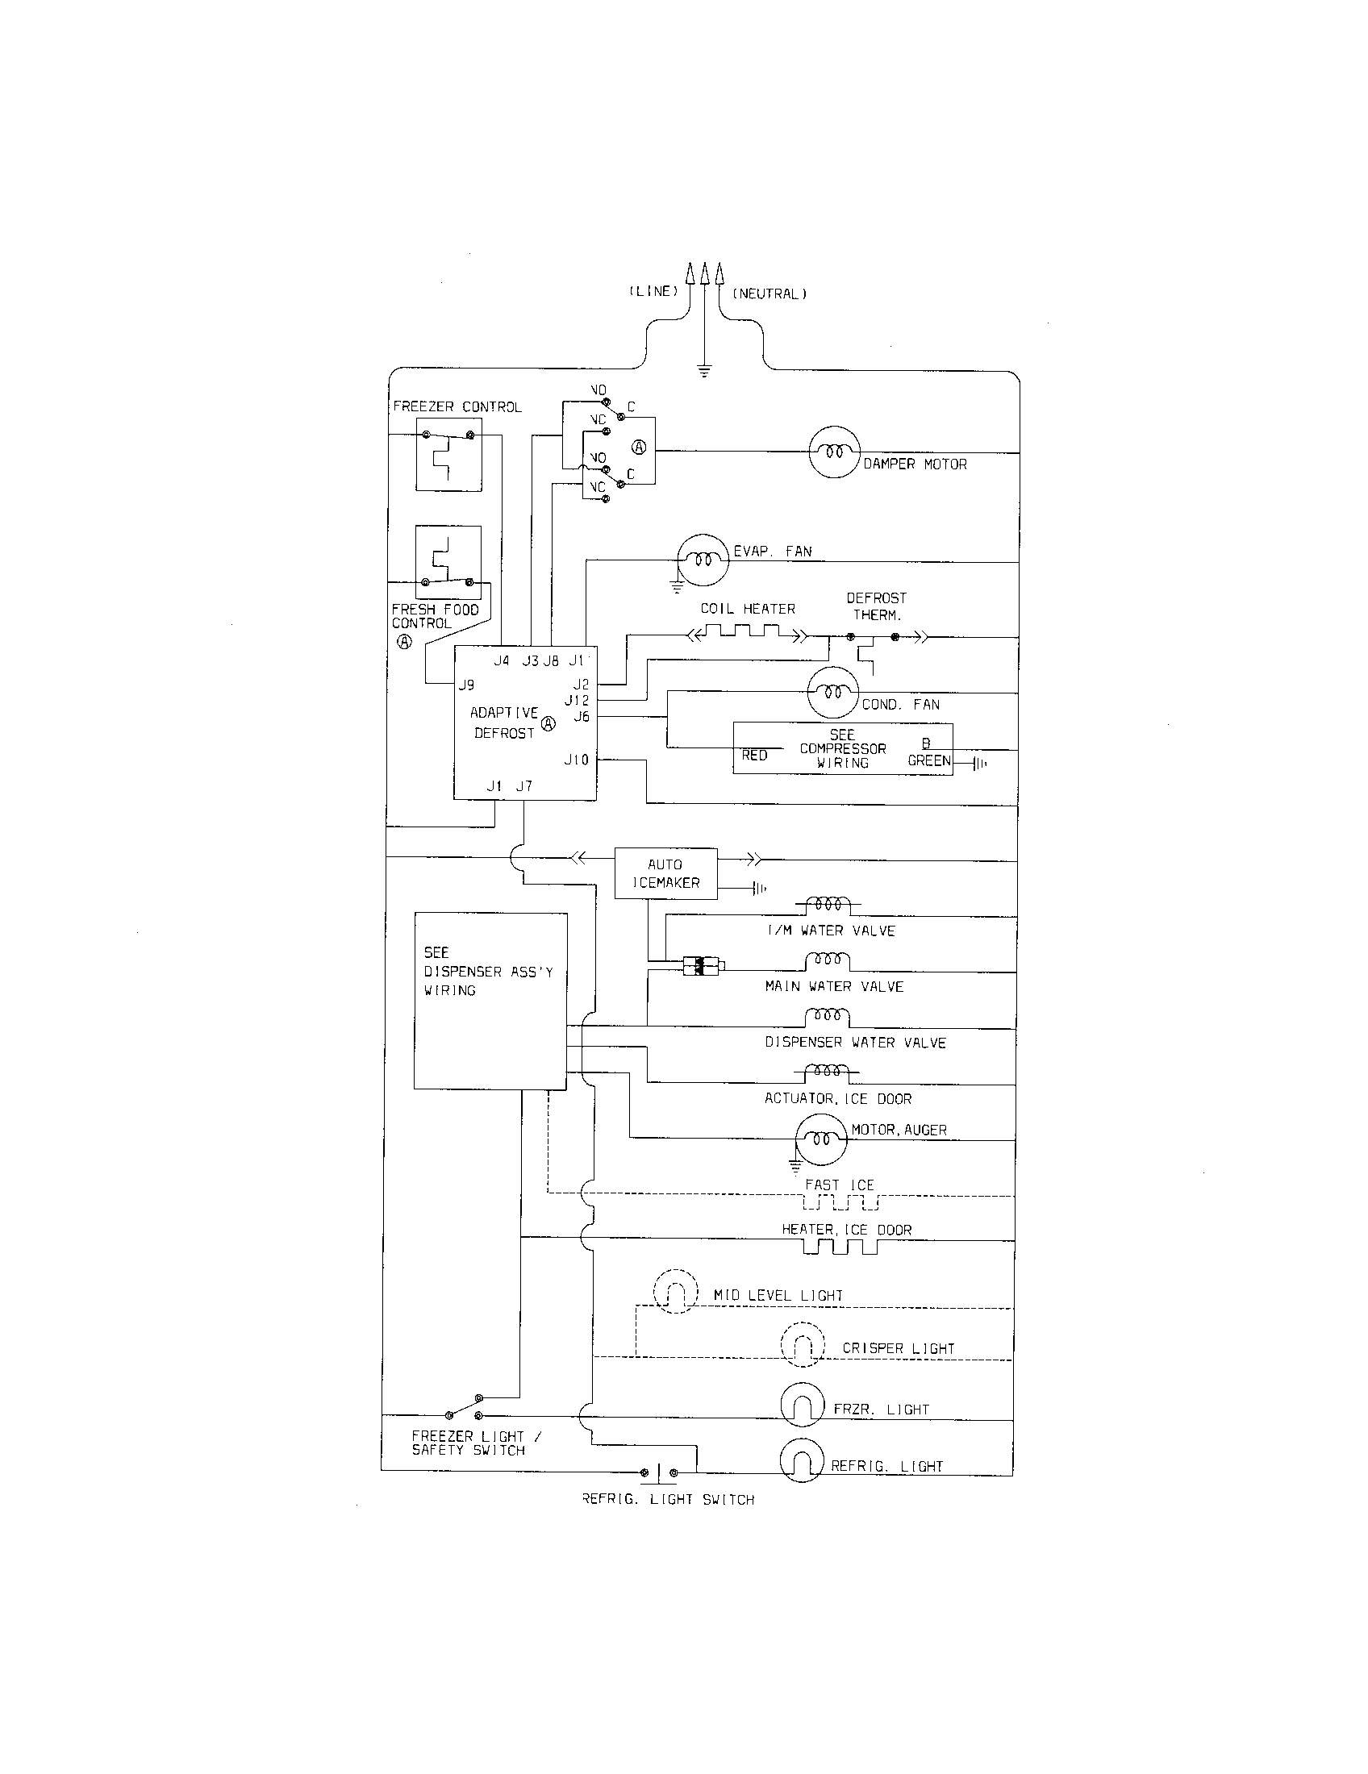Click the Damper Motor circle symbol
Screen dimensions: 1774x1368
click(834, 452)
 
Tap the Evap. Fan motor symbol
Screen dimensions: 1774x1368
click(703, 559)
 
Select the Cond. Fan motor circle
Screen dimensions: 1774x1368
click(832, 692)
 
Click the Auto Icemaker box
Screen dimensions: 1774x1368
click(665, 873)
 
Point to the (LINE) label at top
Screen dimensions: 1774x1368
click(653, 291)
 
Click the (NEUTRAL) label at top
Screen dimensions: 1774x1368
click(769, 294)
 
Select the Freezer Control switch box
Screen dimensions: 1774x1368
click(448, 455)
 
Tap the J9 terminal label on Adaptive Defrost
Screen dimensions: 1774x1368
click(466, 685)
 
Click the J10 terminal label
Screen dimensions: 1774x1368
click(576, 760)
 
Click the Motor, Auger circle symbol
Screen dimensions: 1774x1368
click(820, 1139)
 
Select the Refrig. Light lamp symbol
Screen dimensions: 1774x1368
click(802, 1460)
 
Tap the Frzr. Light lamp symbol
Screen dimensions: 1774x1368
click(803, 1404)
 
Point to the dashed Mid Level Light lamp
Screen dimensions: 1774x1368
click(676, 1291)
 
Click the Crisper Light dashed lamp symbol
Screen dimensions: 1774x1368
click(803, 1344)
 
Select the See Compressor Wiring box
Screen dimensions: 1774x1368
click(842, 748)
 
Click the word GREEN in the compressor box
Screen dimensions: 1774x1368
click(928, 760)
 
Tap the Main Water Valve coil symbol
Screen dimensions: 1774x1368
click(827, 961)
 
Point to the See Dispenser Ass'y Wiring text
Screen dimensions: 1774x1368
click(487, 972)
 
